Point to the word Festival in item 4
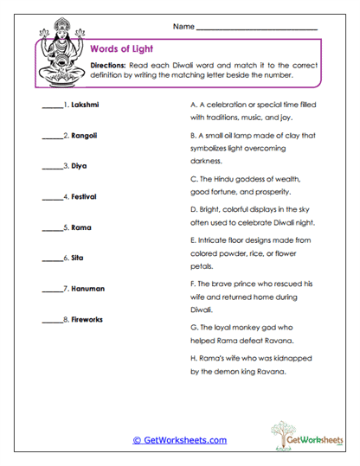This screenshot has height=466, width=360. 84,197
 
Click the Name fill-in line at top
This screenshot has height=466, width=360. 256,29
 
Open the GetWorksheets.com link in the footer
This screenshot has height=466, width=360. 179,439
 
